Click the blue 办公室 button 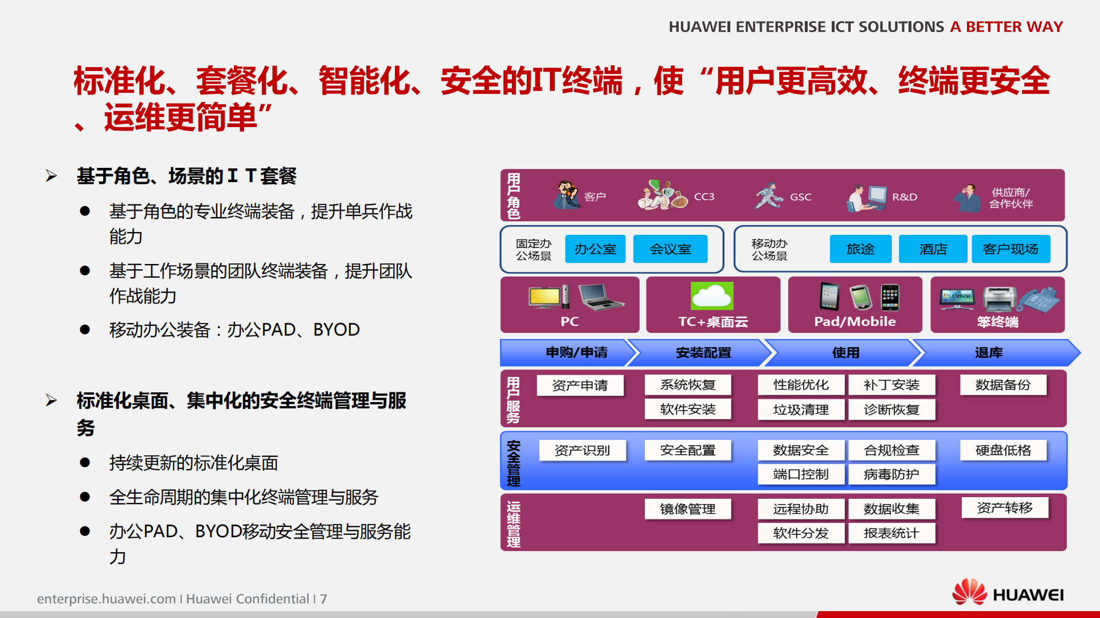595,249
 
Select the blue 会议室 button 670,249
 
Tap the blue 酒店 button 933,249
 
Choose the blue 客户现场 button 1010,249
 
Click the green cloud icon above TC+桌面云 712,296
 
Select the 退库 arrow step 989,353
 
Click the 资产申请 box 580,385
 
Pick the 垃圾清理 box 800,410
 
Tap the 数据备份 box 1003,385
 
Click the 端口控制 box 800,474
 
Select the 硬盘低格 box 1003,450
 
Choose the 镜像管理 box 687,509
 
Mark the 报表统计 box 891,533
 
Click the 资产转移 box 1004,507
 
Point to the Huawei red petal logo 969,592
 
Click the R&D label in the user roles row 905,197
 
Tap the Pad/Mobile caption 855,322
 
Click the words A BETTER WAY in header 1006,27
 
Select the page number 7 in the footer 324,599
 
